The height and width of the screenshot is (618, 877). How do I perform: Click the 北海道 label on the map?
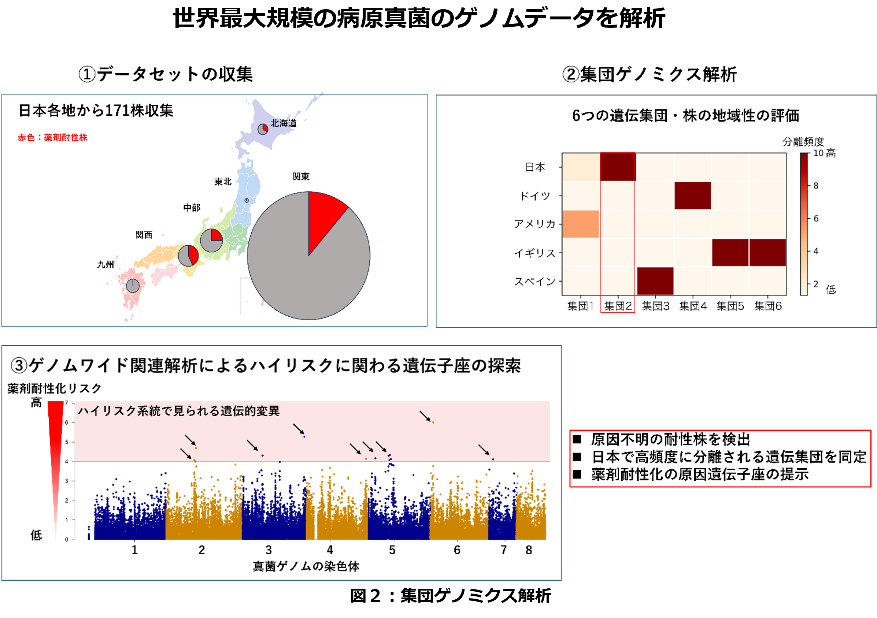[x=283, y=123]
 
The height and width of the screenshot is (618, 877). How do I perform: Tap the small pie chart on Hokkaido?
[x=263, y=129]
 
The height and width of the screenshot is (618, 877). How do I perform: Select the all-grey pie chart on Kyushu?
[x=133, y=286]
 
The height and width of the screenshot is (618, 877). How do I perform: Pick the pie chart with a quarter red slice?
[x=211, y=241]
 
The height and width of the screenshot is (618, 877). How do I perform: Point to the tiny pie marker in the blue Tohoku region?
[x=247, y=200]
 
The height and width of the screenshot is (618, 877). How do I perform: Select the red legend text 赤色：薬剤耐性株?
[x=53, y=138]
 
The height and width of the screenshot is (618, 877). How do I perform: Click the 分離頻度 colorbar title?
[x=803, y=142]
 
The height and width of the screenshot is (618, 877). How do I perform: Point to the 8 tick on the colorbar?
[x=816, y=186]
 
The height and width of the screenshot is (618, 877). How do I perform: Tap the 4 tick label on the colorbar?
[x=816, y=251]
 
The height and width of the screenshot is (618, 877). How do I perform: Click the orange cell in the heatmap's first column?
[x=581, y=224]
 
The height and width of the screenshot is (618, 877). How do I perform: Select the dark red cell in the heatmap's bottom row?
[x=655, y=281]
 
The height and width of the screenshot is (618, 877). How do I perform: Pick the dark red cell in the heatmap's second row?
[x=692, y=196]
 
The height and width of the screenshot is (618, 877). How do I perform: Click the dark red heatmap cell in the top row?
[x=618, y=167]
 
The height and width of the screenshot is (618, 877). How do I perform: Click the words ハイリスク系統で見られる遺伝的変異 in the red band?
[x=179, y=411]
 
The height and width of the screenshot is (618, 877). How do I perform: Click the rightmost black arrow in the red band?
[x=484, y=450]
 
